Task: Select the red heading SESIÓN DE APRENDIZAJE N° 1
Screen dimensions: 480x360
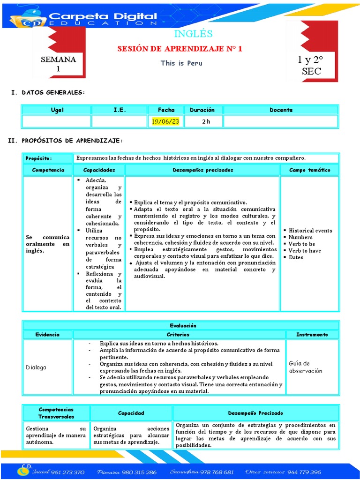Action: [180, 49]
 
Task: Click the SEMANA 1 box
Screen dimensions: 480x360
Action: [59, 64]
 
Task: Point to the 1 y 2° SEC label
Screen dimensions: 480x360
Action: [311, 66]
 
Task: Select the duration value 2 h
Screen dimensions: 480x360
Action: [206, 121]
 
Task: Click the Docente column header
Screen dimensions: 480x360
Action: [281, 110]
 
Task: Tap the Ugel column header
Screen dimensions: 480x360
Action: [57, 110]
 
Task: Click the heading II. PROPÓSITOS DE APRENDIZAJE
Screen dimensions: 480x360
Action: [67, 141]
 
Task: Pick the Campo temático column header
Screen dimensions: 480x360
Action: [309, 170]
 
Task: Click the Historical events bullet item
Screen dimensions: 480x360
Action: [310, 231]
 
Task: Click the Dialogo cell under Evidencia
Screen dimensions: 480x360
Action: [36, 367]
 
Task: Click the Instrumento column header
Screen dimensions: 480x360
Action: [312, 335]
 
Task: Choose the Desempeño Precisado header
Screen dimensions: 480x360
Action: [255, 413]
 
